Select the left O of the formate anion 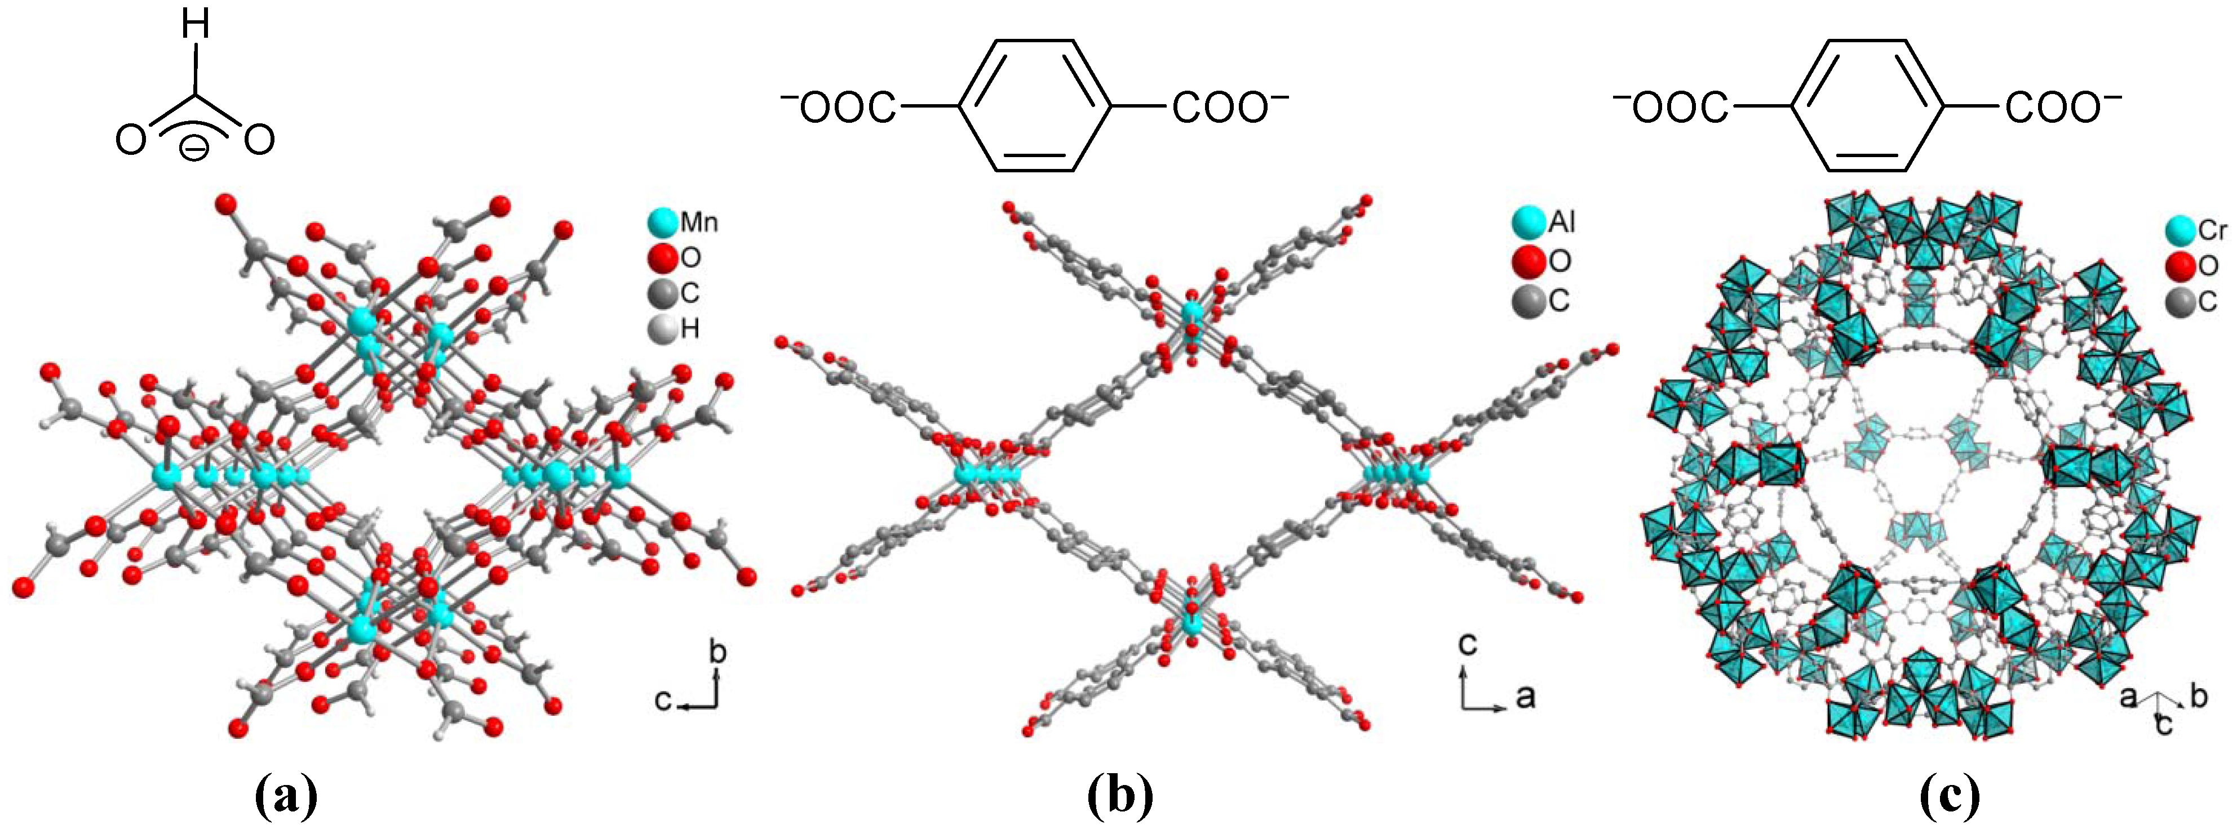130,140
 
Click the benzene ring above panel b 1034,106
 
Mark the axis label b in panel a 717,652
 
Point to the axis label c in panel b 1467,643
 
